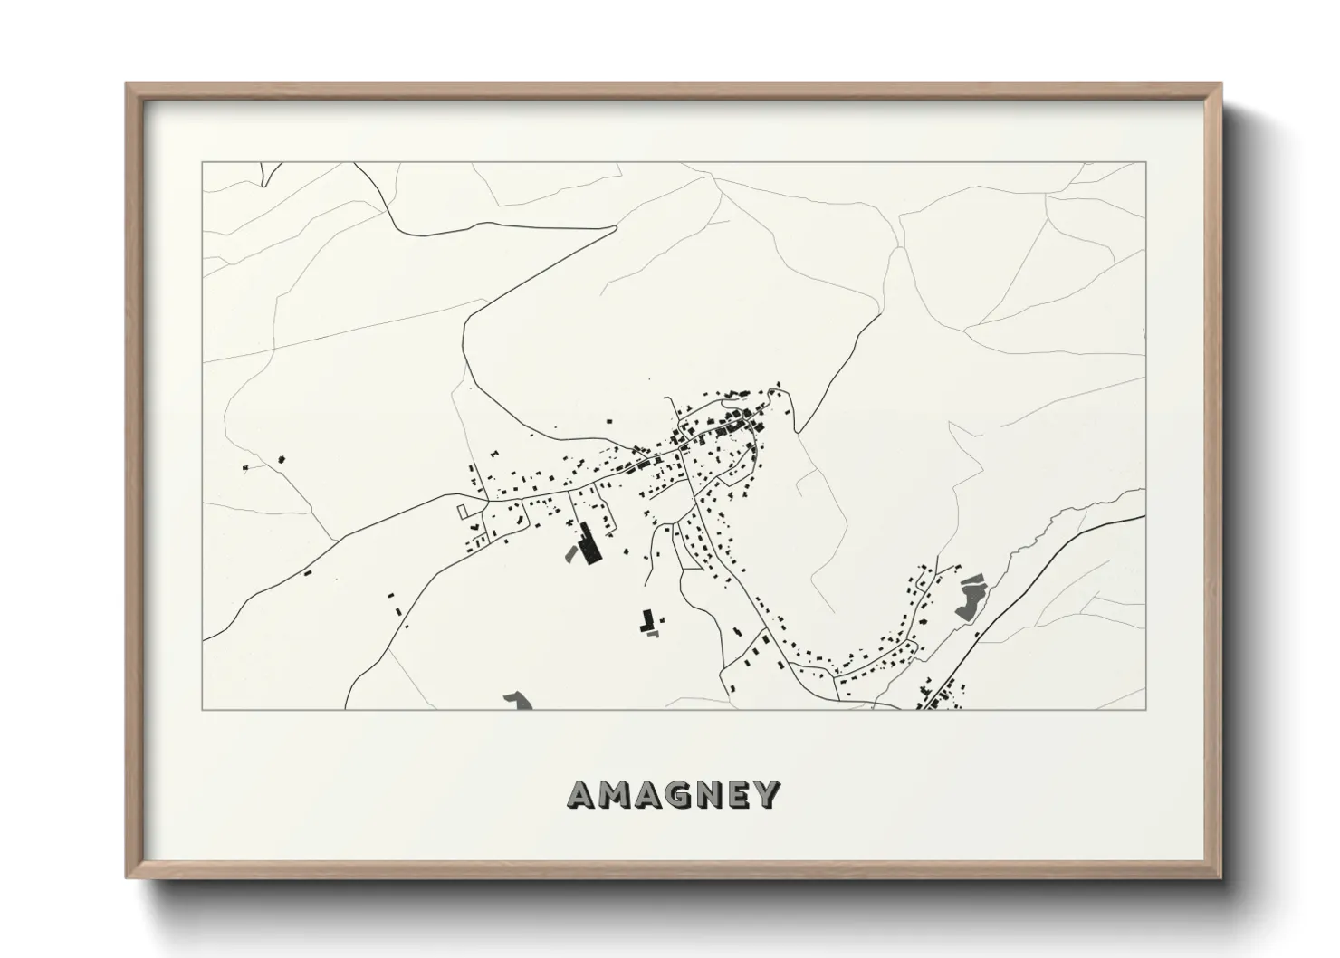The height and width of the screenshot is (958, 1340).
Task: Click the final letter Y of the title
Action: [768, 794]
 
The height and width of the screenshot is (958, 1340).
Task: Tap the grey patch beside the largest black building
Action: [571, 551]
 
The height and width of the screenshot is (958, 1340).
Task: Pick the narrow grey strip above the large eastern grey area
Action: [971, 579]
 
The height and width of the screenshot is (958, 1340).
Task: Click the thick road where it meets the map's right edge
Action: [1144, 516]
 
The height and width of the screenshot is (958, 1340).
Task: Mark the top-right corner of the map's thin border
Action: [1146, 162]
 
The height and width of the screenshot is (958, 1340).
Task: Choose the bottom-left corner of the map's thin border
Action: [202, 709]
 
